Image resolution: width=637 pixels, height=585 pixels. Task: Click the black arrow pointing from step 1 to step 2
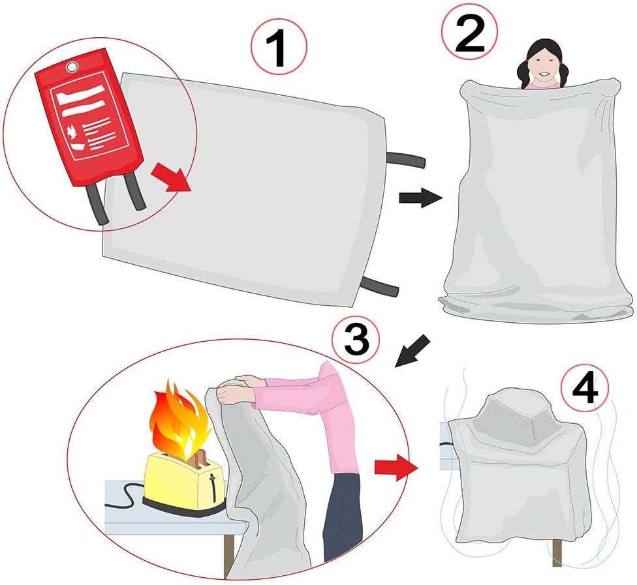coord(420,196)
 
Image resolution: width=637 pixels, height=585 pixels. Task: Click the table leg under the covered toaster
coord(557,552)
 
